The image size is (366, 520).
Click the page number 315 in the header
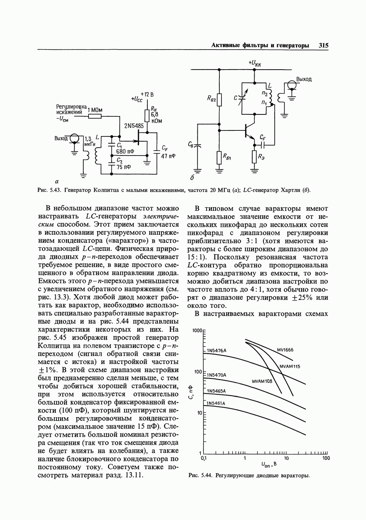[x=324, y=46]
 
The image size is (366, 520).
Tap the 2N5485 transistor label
[x=134, y=126]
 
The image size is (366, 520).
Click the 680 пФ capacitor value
[x=125, y=152]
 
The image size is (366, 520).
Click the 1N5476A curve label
[x=217, y=350]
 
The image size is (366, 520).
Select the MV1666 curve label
[x=285, y=350]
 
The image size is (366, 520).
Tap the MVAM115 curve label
[x=290, y=366]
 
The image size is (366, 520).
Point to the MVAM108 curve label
[x=262, y=381]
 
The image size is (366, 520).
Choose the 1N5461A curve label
[x=216, y=403]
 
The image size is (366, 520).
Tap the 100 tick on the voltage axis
[x=326, y=458]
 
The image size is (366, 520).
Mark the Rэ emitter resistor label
[x=261, y=157]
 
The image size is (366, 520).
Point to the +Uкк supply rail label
[x=255, y=63]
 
